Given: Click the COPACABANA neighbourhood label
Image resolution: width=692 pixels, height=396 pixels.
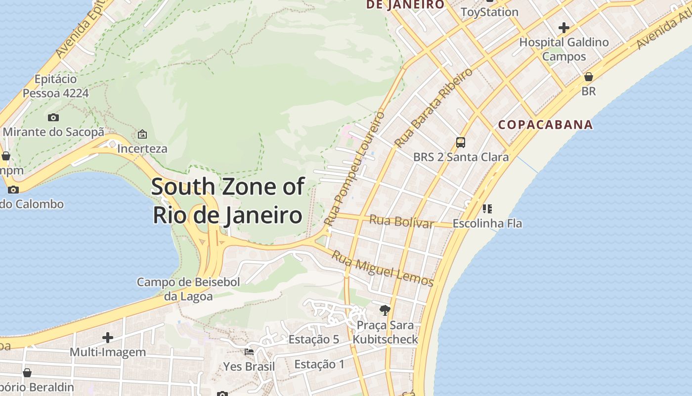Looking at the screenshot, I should point(545,124).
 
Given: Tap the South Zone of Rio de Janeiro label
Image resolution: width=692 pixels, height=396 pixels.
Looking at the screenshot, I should point(227,201).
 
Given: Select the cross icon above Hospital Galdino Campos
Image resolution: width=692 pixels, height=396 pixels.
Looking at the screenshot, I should point(564,28).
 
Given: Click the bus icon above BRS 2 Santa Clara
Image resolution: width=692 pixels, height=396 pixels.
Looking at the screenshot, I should point(461,143).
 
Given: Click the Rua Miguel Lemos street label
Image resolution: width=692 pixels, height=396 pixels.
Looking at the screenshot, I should point(382,269).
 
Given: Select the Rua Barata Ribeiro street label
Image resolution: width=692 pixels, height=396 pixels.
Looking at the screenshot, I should point(433,107).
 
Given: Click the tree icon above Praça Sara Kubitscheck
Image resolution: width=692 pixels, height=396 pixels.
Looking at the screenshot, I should point(385,310).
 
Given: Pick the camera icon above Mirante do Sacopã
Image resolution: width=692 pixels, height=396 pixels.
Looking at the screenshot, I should point(53,117).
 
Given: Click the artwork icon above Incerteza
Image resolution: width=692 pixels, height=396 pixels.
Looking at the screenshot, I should point(142,134).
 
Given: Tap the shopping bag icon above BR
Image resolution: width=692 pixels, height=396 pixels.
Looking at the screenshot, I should point(589,77).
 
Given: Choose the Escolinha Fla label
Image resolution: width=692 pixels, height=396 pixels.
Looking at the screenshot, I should point(487,223).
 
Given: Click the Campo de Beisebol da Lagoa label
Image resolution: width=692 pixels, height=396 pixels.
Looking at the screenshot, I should point(188,289).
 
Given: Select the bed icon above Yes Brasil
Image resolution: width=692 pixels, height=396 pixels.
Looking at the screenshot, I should point(249,352).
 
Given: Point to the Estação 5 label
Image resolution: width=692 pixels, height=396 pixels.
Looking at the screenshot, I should point(314,340).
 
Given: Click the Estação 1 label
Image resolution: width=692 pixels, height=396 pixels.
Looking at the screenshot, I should point(319,365).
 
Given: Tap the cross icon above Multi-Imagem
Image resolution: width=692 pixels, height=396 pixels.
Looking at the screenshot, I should point(108,338).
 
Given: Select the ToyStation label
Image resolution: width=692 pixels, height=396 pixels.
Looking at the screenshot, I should point(489,12).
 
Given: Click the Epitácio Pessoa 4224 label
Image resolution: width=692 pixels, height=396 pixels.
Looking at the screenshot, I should point(56,86).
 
